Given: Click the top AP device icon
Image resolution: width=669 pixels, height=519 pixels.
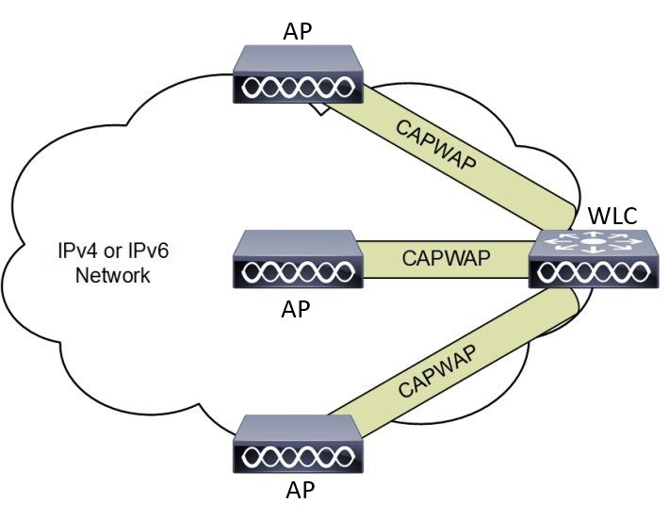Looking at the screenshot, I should [297, 74].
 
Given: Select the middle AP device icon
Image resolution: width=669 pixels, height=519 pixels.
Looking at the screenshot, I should [297, 259].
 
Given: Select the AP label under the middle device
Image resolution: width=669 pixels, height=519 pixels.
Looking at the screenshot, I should [297, 310].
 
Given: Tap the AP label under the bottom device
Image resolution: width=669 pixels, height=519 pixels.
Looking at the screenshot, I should [297, 493].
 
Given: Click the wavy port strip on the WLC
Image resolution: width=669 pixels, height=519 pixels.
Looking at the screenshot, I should [590, 274].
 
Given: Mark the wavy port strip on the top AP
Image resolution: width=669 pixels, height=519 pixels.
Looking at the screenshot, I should [297, 89].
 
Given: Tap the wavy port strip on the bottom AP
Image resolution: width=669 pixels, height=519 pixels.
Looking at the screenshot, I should [297, 458].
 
